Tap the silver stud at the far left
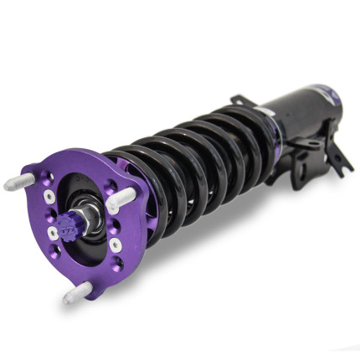point(18,183)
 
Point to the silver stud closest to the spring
point(121,198)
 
